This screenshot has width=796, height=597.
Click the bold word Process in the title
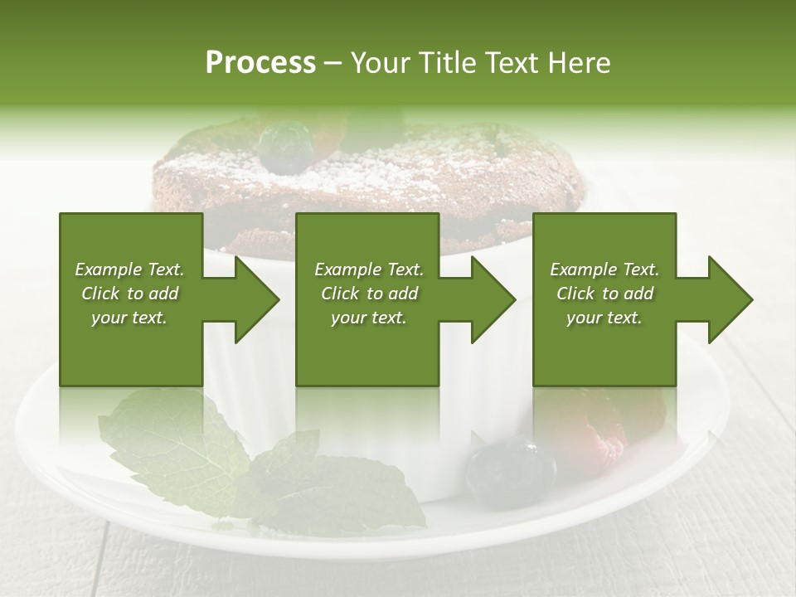tap(260, 63)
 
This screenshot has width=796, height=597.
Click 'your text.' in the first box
tap(129, 318)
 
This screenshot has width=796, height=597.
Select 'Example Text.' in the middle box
tap(369, 269)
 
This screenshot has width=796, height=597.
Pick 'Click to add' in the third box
tap(604, 294)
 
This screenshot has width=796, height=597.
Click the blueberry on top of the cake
tap(284, 146)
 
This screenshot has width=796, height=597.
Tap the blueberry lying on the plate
tap(509, 470)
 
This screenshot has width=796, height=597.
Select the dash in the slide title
tap(332, 63)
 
